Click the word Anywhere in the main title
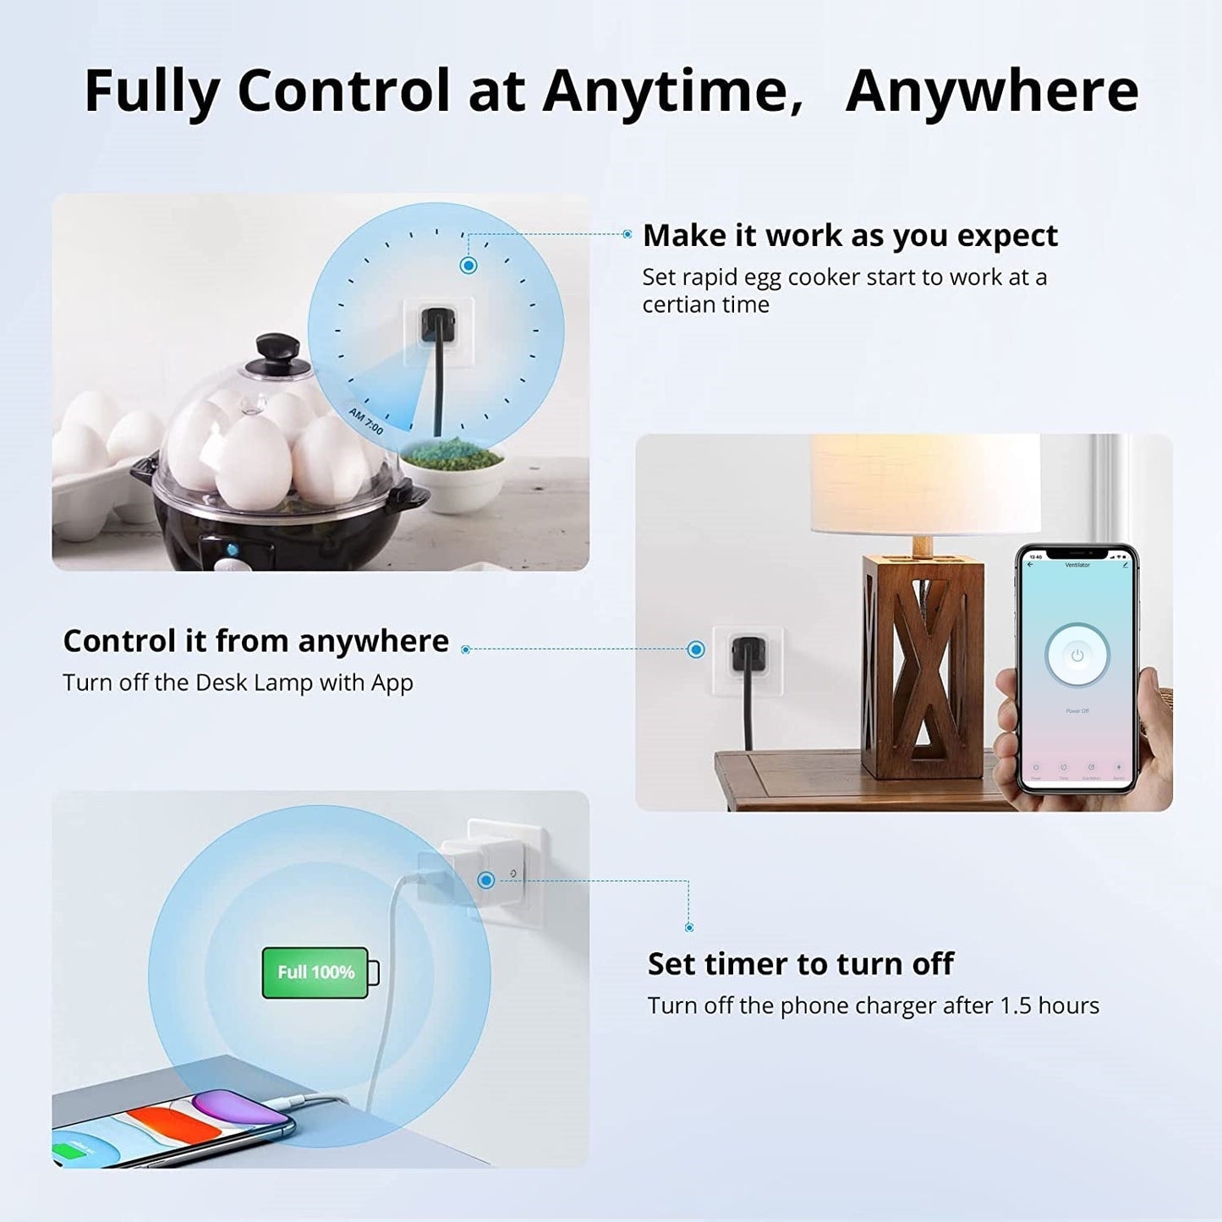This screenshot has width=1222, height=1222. [991, 90]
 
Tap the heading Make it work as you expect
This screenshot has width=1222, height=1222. [849, 235]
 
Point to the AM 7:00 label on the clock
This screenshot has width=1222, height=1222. [366, 420]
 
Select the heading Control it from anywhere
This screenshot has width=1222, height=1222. [255, 641]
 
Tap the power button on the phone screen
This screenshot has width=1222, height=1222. [1077, 655]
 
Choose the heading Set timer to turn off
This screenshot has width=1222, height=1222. [800, 964]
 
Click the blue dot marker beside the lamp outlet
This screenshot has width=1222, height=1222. [696, 649]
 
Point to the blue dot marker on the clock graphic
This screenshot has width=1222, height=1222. [469, 266]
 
